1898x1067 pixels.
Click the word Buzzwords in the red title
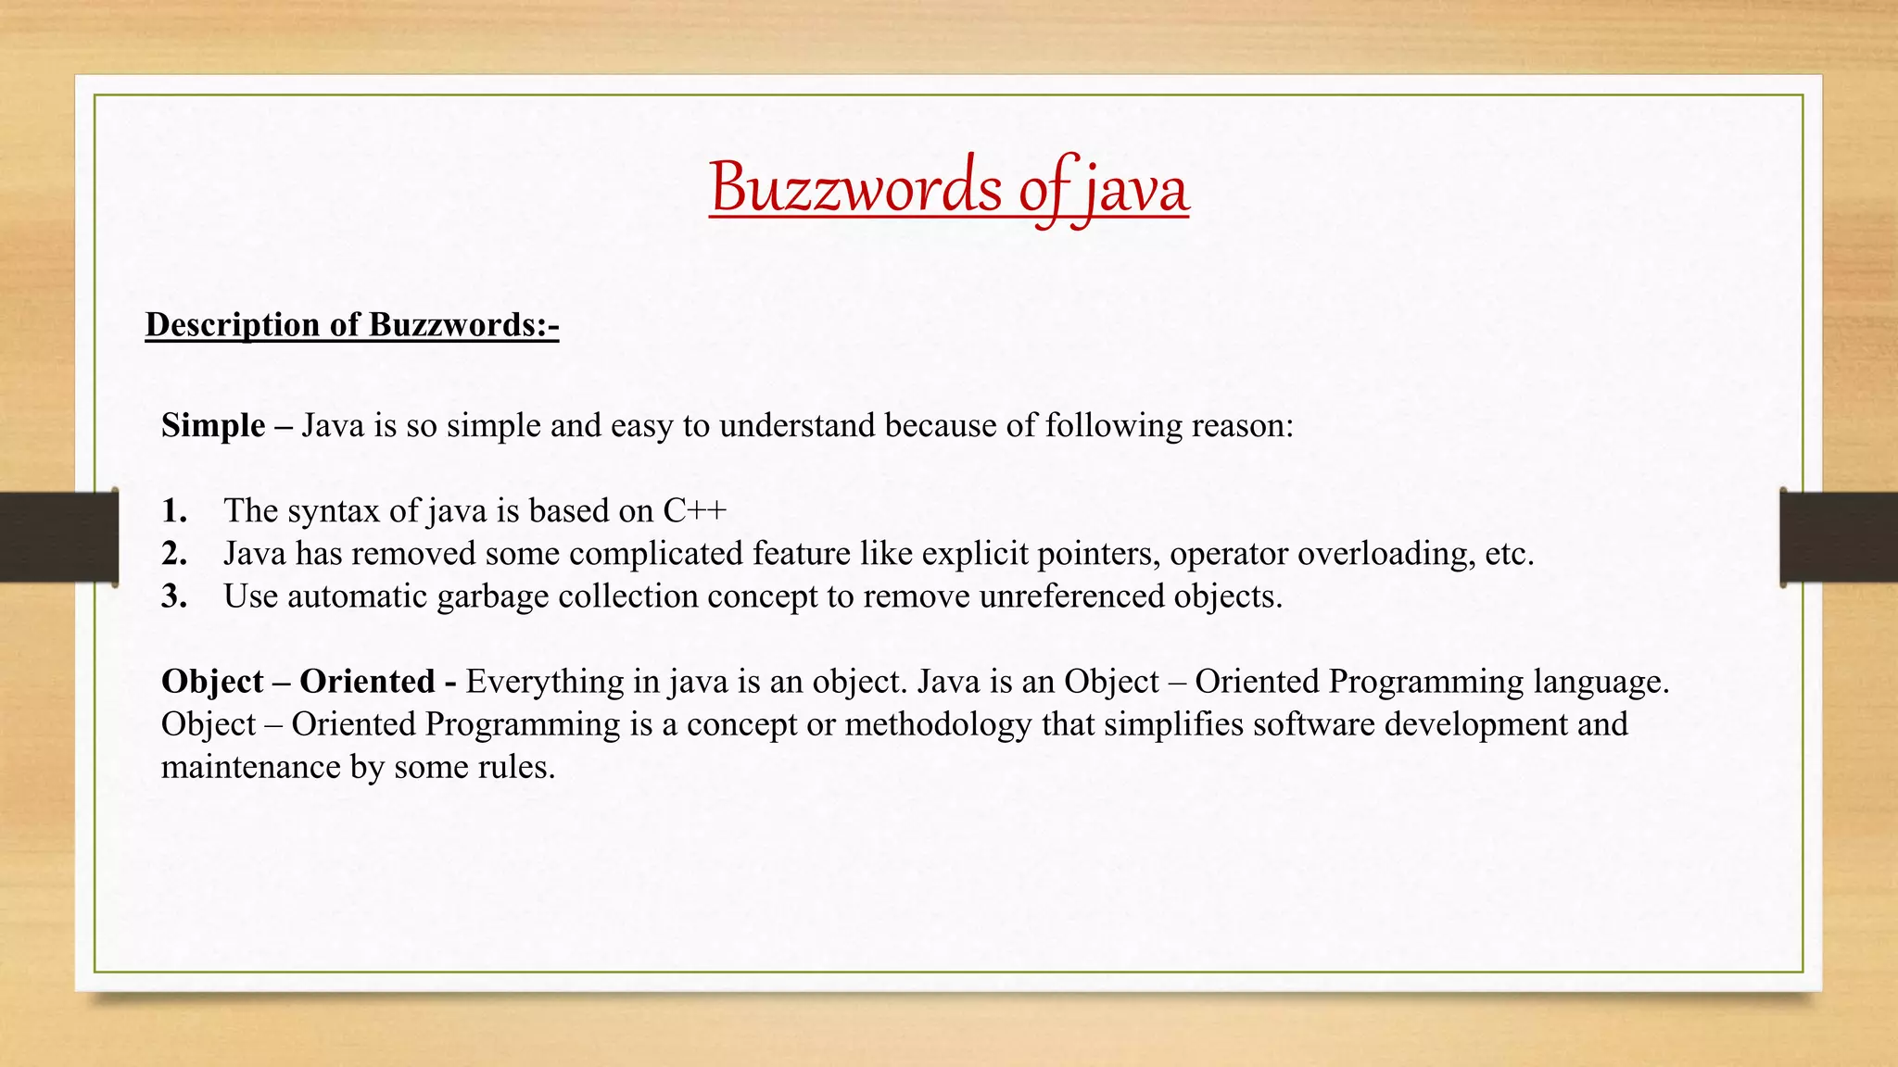855,187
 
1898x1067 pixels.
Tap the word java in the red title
1136,189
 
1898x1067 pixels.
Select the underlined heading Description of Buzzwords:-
351,324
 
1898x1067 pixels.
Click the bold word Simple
213,425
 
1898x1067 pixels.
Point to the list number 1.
174,510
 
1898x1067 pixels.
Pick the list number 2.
174,553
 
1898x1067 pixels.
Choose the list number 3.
174,596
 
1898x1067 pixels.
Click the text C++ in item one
695,510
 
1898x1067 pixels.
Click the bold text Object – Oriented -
309,681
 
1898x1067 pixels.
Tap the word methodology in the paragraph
937,723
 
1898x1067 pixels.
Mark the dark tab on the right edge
1840,537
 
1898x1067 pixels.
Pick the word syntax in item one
329,510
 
